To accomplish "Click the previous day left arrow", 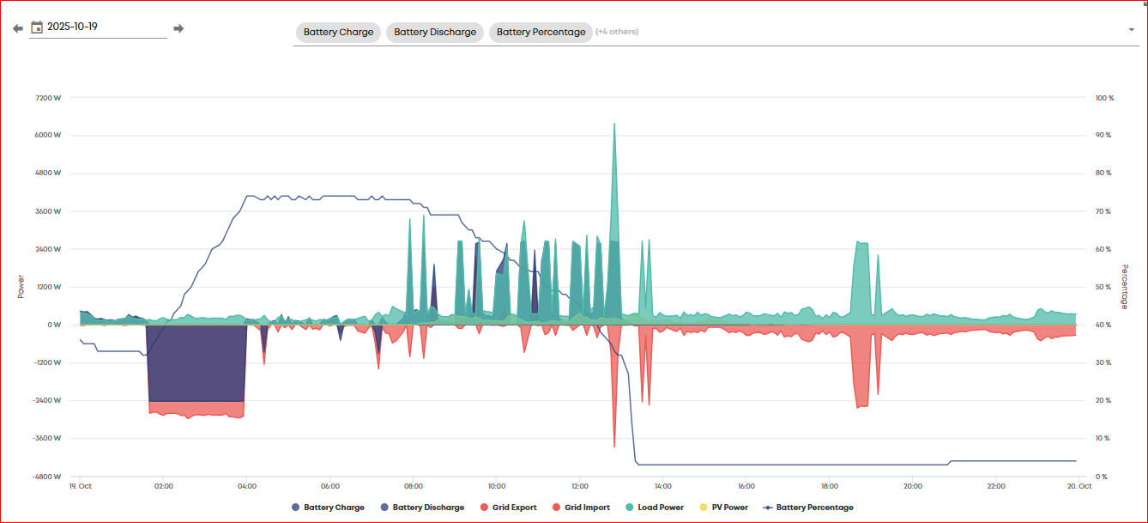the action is pos(18,28).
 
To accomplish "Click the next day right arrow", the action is pos(178,28).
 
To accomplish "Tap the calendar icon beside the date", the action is pos(37,27).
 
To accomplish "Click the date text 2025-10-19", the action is pos(72,27).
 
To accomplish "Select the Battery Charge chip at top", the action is pos(338,32).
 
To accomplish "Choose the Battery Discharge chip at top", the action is pos(435,32).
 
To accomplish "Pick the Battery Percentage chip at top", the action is pos(541,32).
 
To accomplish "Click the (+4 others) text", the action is pos(617,32).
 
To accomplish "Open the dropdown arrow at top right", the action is pos(1131,30).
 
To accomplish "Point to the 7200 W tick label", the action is pos(48,98).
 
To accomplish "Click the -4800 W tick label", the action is pos(46,477).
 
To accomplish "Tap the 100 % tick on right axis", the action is pos(1104,98).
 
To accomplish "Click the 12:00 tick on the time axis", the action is pos(580,486).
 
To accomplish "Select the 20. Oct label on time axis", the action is pos(1079,486).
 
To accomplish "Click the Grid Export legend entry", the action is pos(509,507).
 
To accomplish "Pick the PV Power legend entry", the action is pos(723,507).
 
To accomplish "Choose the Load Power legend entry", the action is pos(655,507).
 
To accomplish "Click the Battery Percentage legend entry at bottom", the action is pos(808,507).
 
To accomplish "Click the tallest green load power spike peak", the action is pos(614,124).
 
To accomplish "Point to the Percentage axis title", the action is pos(1125,287).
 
